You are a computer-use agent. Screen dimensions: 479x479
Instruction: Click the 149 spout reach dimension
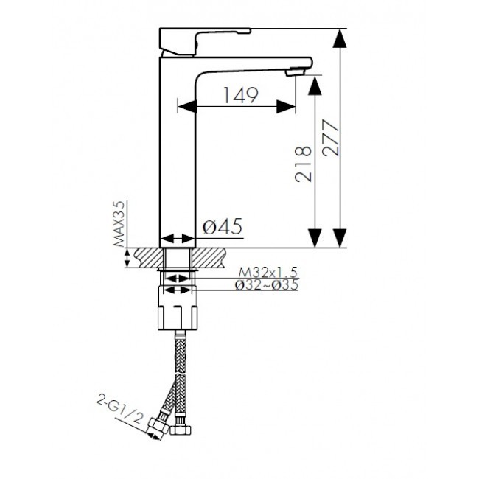click(241, 95)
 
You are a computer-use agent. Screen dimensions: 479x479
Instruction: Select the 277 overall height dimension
click(331, 139)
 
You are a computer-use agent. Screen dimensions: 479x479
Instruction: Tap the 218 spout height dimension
click(304, 164)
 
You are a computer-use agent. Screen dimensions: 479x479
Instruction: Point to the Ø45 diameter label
click(223, 226)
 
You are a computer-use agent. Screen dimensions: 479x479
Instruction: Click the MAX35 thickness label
click(119, 223)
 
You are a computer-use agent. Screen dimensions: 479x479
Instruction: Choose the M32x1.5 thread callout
click(268, 272)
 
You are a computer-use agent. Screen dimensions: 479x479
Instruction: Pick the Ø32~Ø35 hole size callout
click(266, 284)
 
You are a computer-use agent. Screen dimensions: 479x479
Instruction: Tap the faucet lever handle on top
click(205, 42)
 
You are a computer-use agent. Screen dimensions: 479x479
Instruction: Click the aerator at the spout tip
click(295, 72)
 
